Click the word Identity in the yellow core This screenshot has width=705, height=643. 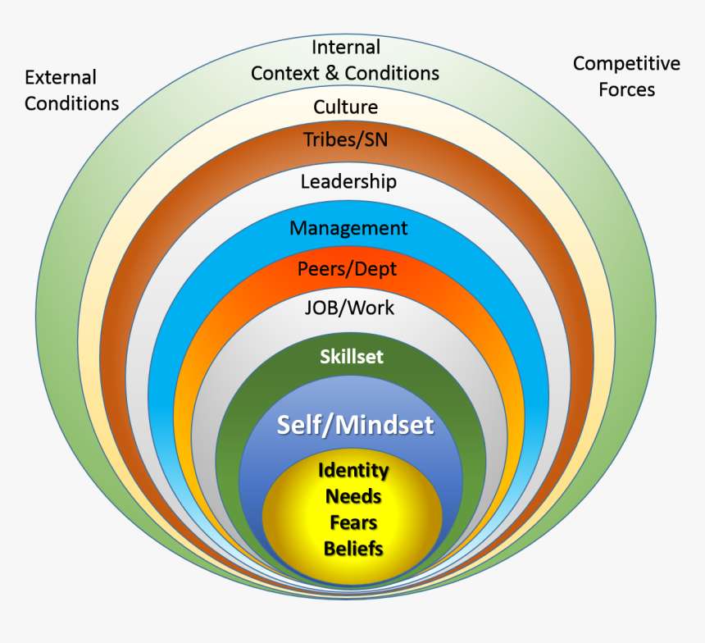[352, 471]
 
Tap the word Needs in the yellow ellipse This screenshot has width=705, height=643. [352, 496]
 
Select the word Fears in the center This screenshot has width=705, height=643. [352, 522]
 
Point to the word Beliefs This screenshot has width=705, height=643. [352, 549]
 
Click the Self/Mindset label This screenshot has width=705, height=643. [355, 425]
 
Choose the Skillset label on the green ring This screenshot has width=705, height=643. [352, 357]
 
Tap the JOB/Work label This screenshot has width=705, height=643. [348, 308]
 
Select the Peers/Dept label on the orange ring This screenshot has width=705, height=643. [347, 268]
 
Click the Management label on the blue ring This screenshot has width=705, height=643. [348, 228]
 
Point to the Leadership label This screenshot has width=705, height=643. [348, 181]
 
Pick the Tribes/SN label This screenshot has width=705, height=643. [345, 139]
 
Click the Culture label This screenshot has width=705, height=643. [345, 107]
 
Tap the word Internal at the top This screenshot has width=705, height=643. [345, 48]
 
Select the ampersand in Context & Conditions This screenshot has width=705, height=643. [331, 74]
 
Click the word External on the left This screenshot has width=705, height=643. [61, 78]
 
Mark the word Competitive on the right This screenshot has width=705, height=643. [626, 64]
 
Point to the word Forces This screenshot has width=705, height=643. [626, 90]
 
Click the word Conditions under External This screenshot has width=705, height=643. [71, 104]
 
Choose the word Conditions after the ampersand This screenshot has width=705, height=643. [392, 74]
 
